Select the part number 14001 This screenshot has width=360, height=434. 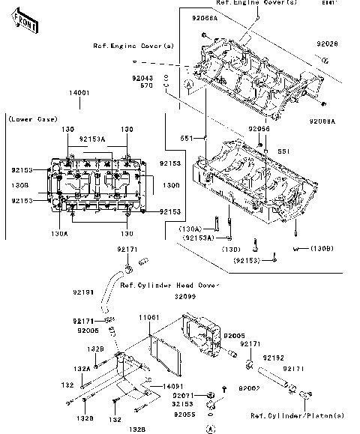[79, 92]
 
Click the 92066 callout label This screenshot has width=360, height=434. [259, 129]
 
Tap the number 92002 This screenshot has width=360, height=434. [248, 389]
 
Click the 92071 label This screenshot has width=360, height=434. [183, 395]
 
